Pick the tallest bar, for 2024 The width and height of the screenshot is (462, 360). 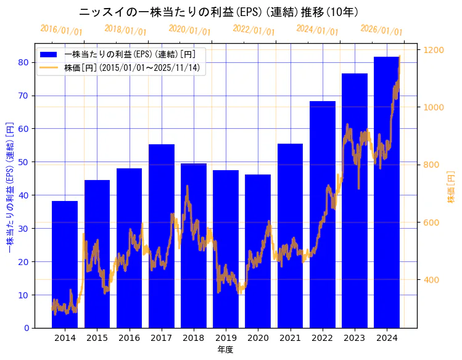click(386, 192)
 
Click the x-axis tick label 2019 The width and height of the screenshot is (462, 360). click(225, 338)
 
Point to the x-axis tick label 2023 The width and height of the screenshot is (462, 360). click(354, 338)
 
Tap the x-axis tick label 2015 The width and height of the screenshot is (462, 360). click(97, 338)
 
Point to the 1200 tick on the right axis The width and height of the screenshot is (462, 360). click(434, 50)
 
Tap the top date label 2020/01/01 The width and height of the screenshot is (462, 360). click(189, 30)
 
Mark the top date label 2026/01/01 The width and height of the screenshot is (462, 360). click(381, 30)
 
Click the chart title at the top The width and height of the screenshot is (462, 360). click(219, 12)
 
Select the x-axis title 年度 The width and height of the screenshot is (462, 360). click(225, 350)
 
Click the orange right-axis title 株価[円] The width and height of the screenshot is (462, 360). click(451, 188)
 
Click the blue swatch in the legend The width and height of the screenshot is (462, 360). click(49, 54)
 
